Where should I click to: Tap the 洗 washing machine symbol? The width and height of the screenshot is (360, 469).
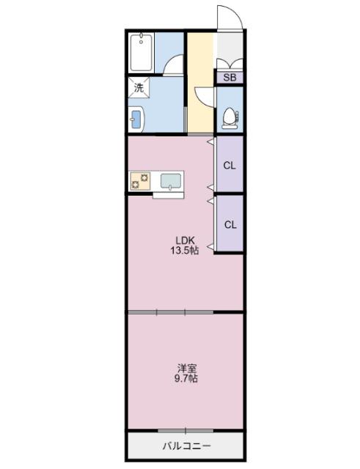[139, 87]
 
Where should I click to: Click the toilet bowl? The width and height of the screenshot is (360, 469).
[229, 117]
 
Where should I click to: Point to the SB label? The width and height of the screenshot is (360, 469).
[229, 77]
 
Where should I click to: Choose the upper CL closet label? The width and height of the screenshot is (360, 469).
[229, 165]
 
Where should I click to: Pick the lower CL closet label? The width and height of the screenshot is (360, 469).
[229, 224]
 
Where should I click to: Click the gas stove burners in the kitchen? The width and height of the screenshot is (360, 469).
[140, 180]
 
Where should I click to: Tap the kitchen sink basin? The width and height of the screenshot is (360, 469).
[172, 180]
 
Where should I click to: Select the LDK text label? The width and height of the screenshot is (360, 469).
[185, 239]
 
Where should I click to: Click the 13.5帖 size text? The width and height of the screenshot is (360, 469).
[185, 250]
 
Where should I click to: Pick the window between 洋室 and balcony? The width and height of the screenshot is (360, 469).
[185, 430]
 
